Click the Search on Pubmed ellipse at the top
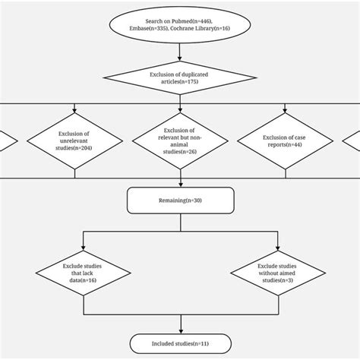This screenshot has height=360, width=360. [x=180, y=22]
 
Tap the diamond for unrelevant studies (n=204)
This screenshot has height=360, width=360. [x=75, y=141]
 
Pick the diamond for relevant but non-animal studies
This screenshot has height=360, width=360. [x=180, y=141]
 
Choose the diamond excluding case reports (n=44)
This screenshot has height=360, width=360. [x=286, y=141]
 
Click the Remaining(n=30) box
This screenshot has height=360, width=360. [x=180, y=201]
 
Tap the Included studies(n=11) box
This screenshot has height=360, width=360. [x=180, y=343]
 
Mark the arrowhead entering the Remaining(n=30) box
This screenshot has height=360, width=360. [x=180, y=185]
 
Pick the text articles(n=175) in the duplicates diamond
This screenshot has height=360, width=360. [x=180, y=82]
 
